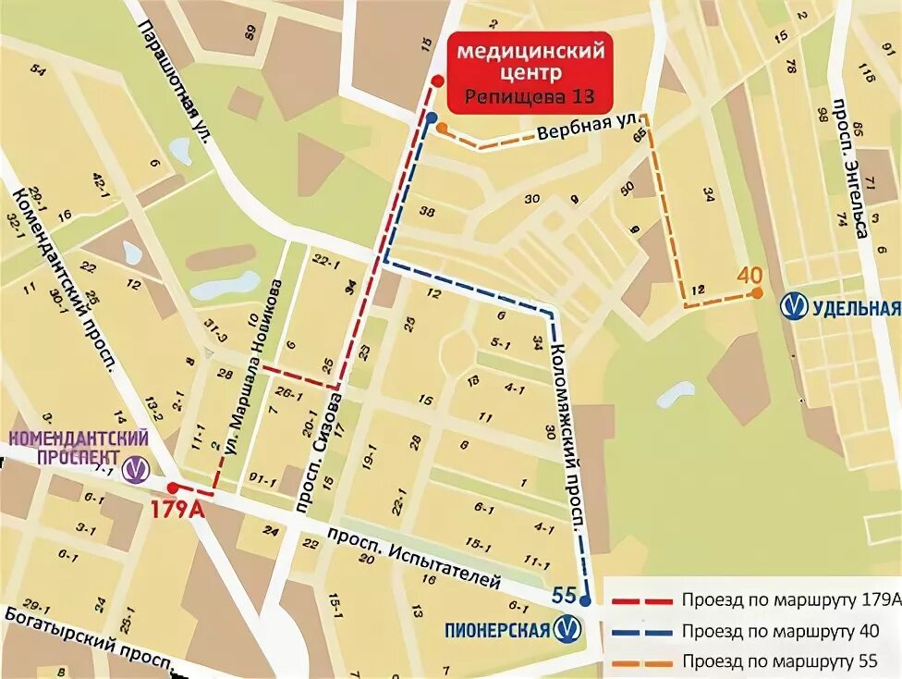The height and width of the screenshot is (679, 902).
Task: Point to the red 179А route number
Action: [177, 509]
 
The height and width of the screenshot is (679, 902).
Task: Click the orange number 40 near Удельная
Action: [751, 276]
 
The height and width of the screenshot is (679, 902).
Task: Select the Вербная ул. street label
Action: [582, 133]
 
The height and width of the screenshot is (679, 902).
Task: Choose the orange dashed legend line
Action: [640, 661]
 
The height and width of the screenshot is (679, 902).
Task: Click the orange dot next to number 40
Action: [757, 293]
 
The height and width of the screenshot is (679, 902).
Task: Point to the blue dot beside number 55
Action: [586, 599]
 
